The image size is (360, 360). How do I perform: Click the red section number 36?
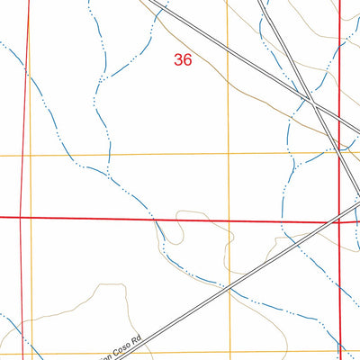click(x=183, y=60)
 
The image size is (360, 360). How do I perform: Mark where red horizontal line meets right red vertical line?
click(x=340, y=220)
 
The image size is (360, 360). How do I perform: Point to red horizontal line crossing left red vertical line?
click(x=22, y=217)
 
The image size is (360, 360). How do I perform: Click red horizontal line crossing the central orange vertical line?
click(x=228, y=220)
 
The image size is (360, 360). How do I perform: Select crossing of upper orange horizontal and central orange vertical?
click(x=228, y=153)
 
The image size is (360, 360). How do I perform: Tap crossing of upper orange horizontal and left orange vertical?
click(x=30, y=155)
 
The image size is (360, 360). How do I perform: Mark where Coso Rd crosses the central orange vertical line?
click(x=229, y=289)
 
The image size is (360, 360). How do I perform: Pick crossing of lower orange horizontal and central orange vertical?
click(x=229, y=352)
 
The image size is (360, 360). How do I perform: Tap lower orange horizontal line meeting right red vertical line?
click(x=340, y=351)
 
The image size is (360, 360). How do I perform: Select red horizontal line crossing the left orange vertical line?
click(x=30, y=217)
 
